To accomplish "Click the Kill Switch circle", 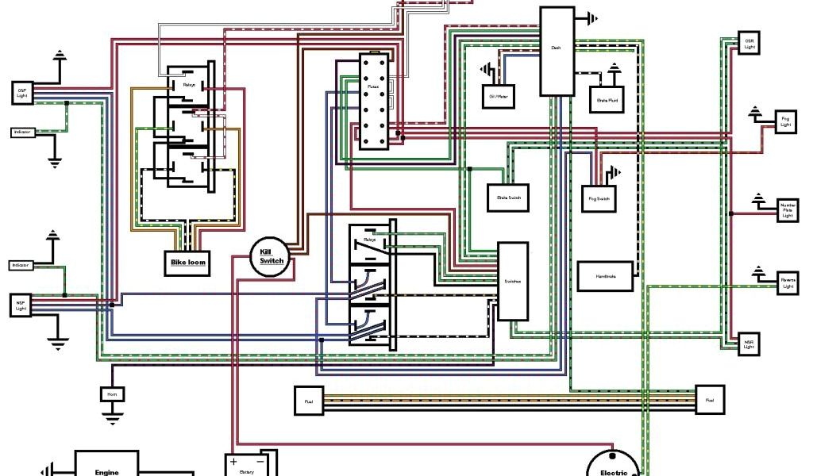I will click(x=272, y=256).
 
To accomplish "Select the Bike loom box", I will click(x=188, y=263).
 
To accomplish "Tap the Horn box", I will click(x=111, y=393).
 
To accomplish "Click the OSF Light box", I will click(x=22, y=93).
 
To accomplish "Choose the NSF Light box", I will click(x=21, y=305).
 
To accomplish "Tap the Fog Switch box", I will click(x=599, y=198).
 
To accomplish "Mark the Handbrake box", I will click(x=607, y=275).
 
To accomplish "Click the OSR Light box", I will click(x=749, y=43).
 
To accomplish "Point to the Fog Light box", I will click(x=785, y=122).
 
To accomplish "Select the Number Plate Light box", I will click(x=787, y=210).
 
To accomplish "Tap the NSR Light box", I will click(x=749, y=344).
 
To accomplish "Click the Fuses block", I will click(x=373, y=101).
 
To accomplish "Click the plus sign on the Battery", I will click(x=234, y=461).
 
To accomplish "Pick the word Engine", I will click(x=106, y=472).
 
